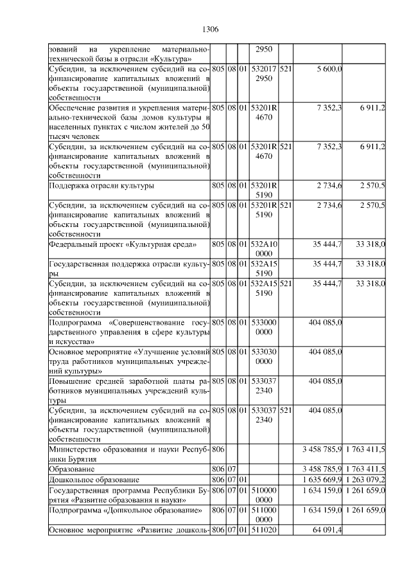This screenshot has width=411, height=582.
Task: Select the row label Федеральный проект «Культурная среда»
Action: [x=123, y=244]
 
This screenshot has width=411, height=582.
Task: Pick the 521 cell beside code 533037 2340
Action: [x=286, y=409]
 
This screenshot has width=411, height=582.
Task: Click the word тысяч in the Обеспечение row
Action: [x=62, y=137]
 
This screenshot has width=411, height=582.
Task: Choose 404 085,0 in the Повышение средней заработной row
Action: [x=325, y=381]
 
